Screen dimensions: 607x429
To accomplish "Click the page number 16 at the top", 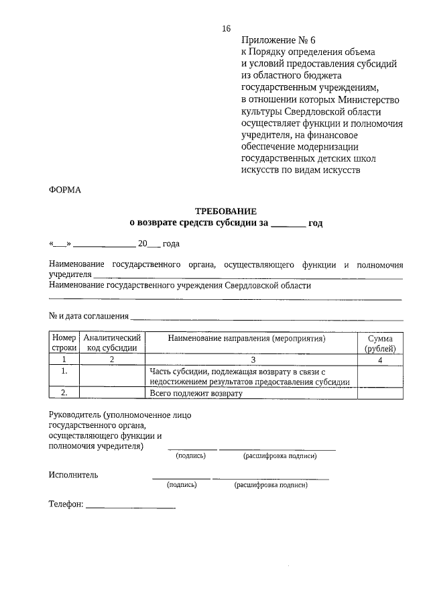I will click(x=226, y=28).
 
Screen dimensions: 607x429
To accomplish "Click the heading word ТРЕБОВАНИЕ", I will click(x=225, y=211).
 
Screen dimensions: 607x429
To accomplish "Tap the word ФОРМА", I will click(x=64, y=190).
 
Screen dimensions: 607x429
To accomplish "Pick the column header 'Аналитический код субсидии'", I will click(x=112, y=343).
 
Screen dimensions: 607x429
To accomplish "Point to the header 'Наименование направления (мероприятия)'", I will click(x=246, y=339).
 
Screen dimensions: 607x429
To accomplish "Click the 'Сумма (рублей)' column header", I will click(x=380, y=343).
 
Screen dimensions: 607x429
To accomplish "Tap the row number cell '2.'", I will click(x=64, y=394).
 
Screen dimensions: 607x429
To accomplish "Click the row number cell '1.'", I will click(x=64, y=370).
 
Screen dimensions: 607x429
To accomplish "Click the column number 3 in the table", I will click(x=253, y=360).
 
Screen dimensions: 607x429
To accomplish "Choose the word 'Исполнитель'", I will click(x=73, y=475).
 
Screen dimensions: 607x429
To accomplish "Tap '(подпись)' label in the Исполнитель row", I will click(x=182, y=484).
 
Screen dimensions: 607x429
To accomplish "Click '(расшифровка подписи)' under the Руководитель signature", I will click(x=279, y=456).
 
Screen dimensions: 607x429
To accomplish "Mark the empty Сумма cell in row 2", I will click(x=380, y=394).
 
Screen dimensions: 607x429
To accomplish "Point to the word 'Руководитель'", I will click(x=74, y=415).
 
